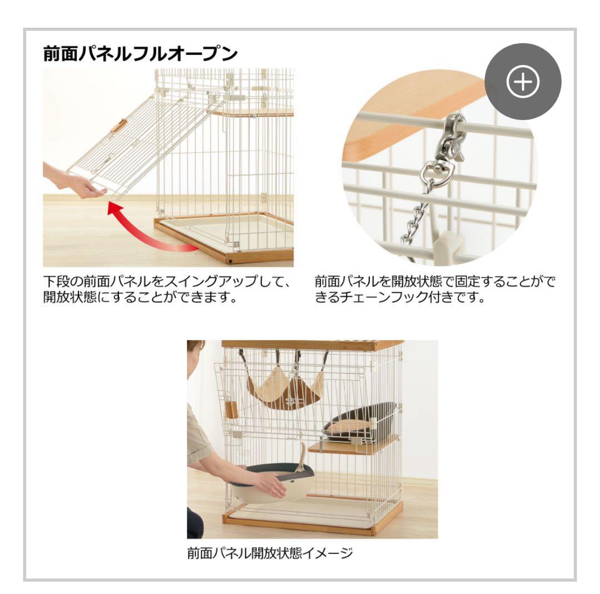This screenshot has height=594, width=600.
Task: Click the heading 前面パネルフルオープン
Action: point(141,54)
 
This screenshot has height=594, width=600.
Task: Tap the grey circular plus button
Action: point(523,82)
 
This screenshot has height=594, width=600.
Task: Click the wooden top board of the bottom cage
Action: point(311,345)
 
